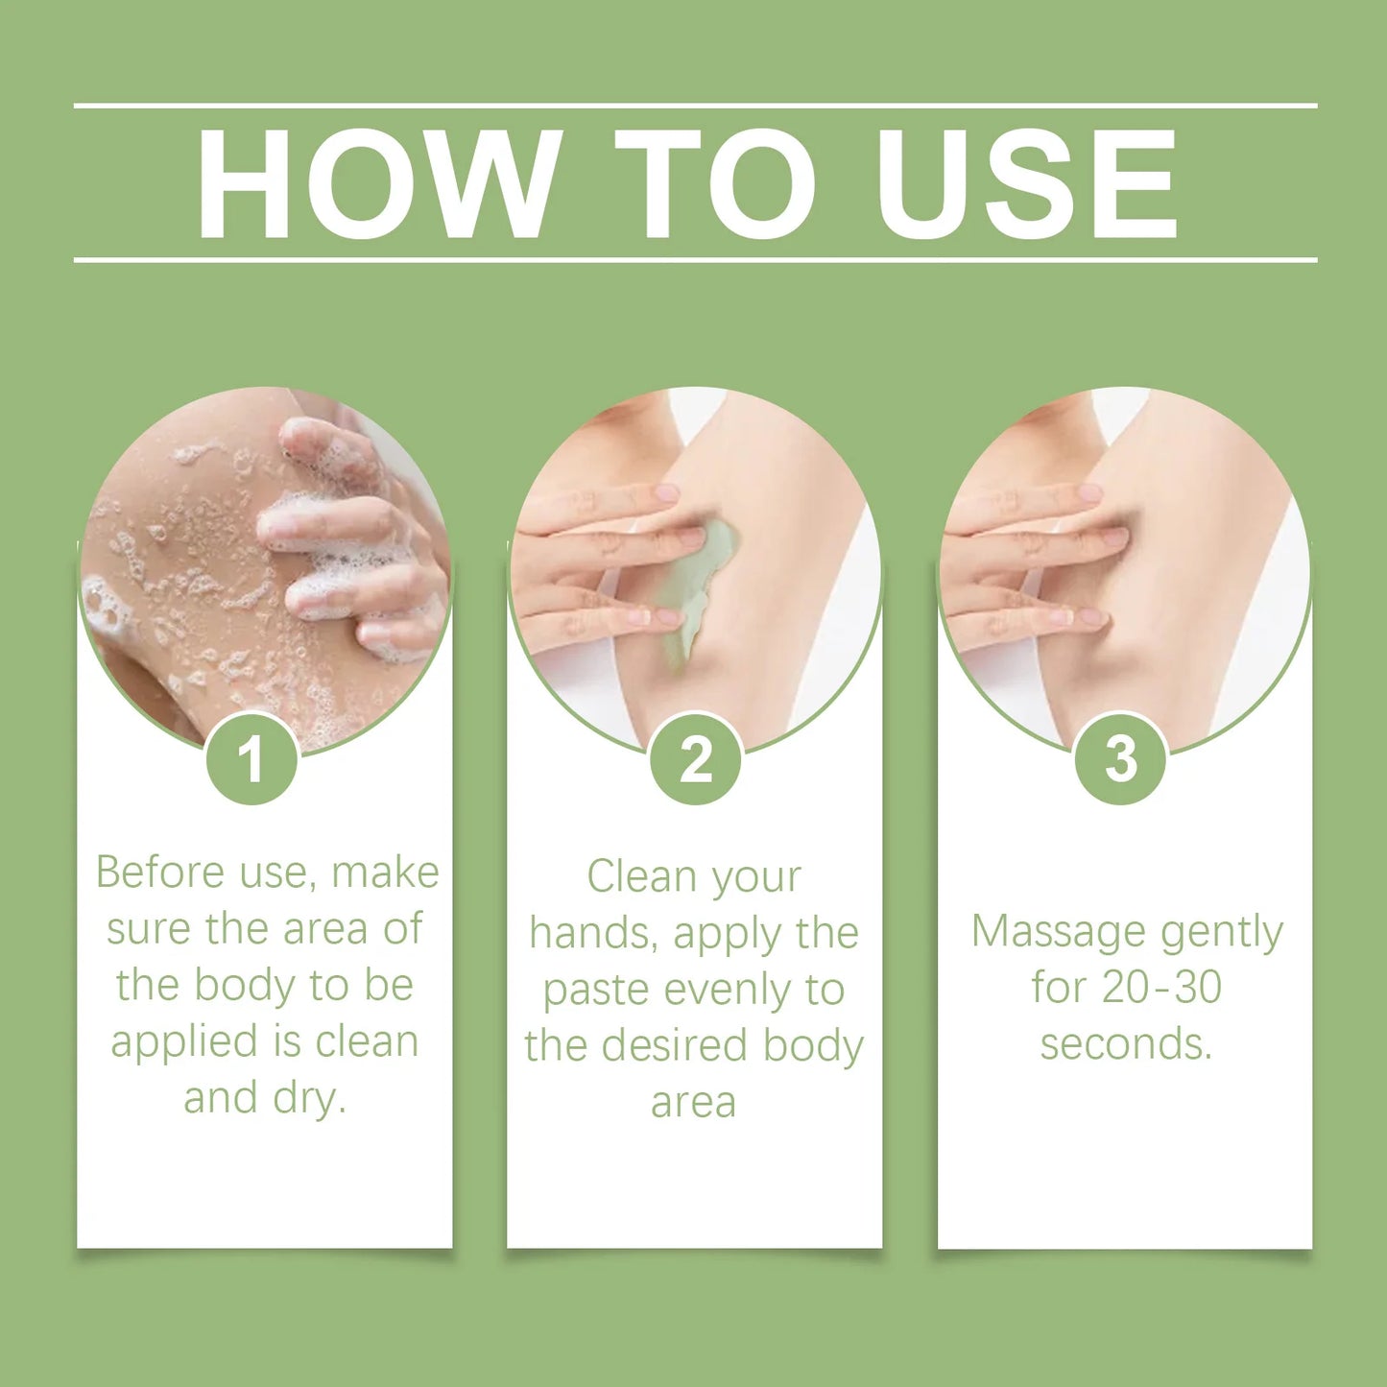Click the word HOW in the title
tap(379, 182)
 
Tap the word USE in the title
tap(1026, 182)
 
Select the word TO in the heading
tap(714, 182)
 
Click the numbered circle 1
tap(252, 759)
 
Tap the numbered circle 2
tap(695, 759)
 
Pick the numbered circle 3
tap(1120, 759)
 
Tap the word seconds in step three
tap(1125, 1043)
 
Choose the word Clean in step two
tap(634, 876)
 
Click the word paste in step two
tap(595, 990)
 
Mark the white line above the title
tap(695, 105)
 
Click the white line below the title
tap(695, 259)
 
